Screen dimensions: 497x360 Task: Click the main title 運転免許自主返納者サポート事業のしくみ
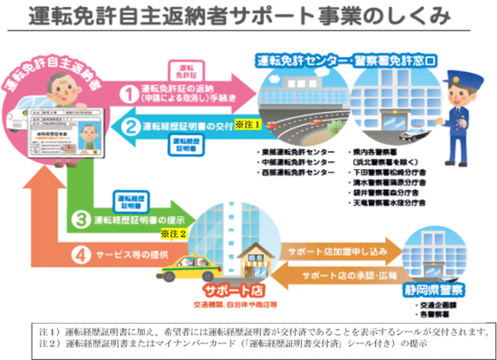pos(248,15)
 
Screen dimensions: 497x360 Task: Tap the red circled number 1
pos(130,92)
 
